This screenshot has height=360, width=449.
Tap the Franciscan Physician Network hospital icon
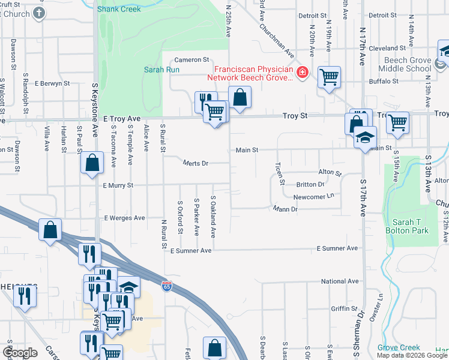(x=303, y=73)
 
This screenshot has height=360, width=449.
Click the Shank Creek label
(x=119, y=9)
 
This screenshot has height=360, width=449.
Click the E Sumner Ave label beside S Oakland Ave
(x=191, y=251)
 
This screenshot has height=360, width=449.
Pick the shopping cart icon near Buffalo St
(x=329, y=77)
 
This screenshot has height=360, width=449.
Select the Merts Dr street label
(x=195, y=163)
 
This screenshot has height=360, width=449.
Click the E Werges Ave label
(x=125, y=218)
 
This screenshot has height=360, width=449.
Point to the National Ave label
(x=339, y=281)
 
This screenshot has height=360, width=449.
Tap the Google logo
(x=20, y=353)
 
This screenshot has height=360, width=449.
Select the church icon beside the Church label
(x=40, y=13)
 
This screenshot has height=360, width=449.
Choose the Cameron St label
(x=191, y=60)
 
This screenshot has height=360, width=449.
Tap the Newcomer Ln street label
(x=313, y=197)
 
